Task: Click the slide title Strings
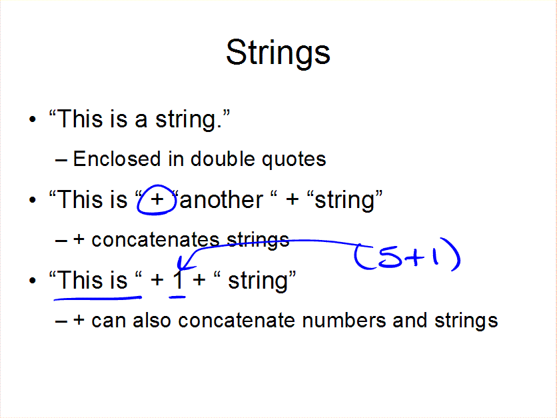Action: [x=278, y=53]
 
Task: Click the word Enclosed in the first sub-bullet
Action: [x=117, y=159]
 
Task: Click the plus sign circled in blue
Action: [x=157, y=200]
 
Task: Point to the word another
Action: [x=222, y=200]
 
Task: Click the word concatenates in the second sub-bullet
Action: [x=155, y=240]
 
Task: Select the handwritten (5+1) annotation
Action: [x=407, y=255]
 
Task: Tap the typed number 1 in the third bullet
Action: [x=178, y=280]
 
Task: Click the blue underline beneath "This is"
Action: [x=98, y=299]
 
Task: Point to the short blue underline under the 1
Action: [x=177, y=297]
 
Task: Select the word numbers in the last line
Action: [x=344, y=320]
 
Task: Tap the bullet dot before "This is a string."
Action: [x=33, y=119]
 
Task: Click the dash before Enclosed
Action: [x=61, y=160]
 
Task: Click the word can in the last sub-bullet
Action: [x=109, y=322]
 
